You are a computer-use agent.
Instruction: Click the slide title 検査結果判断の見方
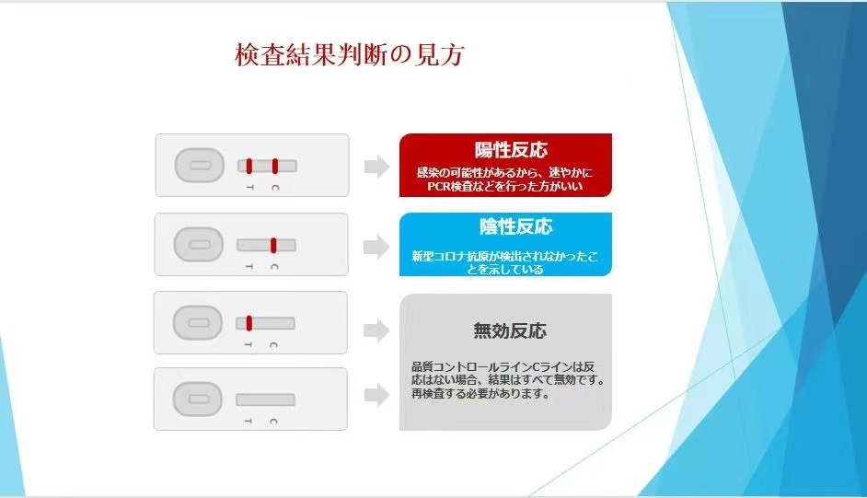click(x=350, y=54)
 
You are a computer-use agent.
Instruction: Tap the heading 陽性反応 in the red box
click(x=511, y=150)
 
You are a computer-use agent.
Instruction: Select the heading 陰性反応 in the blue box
click(x=516, y=226)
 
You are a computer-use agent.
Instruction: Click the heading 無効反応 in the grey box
click(x=510, y=330)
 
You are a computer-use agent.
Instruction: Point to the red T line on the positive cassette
click(x=249, y=166)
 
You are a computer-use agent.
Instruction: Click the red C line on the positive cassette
click(x=275, y=166)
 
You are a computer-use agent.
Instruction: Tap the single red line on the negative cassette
click(x=273, y=245)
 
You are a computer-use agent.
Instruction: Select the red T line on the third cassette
click(x=249, y=323)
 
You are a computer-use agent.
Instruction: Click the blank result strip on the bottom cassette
click(x=265, y=400)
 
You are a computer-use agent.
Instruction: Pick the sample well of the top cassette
click(x=200, y=166)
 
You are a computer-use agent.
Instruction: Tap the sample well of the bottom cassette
click(x=198, y=400)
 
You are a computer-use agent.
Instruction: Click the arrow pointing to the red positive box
click(x=377, y=167)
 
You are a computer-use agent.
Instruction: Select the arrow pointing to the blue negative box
click(x=376, y=247)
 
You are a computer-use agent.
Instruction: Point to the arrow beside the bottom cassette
click(x=377, y=395)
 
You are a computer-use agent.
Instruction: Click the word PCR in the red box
click(x=438, y=186)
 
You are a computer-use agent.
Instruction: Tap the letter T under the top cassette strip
click(x=250, y=188)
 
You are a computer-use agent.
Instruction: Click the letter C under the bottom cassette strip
click(x=273, y=422)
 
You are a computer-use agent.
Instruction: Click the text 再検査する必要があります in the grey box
click(x=480, y=394)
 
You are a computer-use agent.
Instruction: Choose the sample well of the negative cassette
click(x=199, y=244)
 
